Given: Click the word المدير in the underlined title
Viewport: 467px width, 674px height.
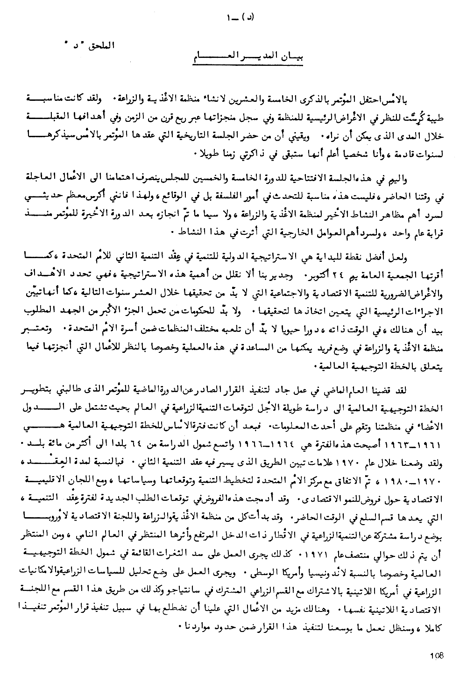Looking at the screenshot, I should [233, 59].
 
